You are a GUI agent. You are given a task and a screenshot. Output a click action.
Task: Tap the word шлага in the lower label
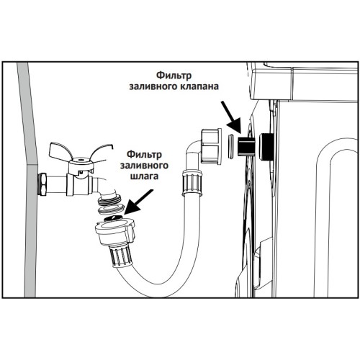pyautogui.click(x=144, y=176)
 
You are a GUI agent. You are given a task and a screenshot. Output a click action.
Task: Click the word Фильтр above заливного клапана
pyautogui.click(x=174, y=76)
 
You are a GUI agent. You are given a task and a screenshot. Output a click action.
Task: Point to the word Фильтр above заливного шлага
pyautogui.click(x=144, y=155)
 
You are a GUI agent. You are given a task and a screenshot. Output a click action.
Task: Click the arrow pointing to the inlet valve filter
pyautogui.click(x=231, y=117)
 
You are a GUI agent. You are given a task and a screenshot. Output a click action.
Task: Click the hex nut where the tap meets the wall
pyautogui.click(x=43, y=184)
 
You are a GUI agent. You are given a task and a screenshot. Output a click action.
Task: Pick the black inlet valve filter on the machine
pyautogui.click(x=246, y=147)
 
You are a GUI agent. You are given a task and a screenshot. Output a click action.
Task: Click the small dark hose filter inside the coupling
pyautogui.click(x=114, y=218)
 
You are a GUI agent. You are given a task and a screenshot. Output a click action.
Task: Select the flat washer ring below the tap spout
pyautogui.click(x=111, y=210)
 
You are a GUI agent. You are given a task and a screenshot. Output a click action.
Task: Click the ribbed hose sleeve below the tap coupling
pyautogui.click(x=121, y=256)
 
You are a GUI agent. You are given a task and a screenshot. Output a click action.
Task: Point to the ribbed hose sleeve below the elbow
pyautogui.click(x=192, y=182)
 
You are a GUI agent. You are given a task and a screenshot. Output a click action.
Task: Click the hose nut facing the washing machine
pyautogui.click(x=211, y=146)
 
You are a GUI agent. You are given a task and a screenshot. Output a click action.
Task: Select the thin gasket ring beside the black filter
pyautogui.click(x=230, y=147)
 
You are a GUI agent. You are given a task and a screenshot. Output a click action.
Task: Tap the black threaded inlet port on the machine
pyautogui.click(x=266, y=147)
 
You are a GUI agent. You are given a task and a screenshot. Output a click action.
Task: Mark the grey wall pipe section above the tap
pyautogui.click(x=27, y=114)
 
